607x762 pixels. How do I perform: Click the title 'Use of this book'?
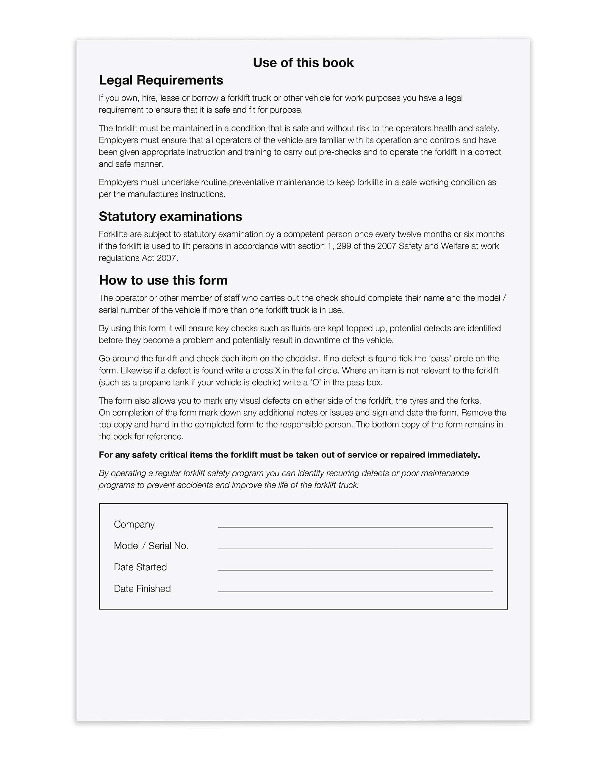303,63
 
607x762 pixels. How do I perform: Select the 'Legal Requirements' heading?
161,80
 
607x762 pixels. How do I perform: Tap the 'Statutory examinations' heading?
170,217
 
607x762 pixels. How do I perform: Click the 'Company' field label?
134,524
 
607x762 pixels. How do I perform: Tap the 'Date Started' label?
140,567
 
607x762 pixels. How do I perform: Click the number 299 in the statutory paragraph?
343,246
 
